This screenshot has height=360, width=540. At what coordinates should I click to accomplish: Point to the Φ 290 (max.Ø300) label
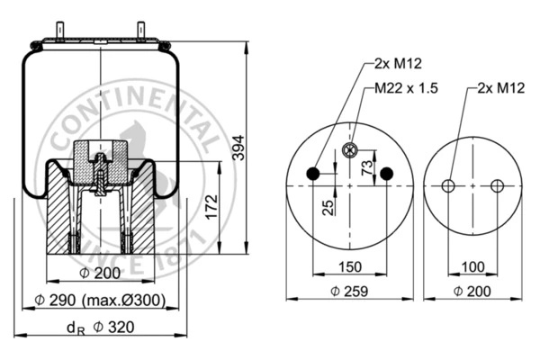(x=100, y=301)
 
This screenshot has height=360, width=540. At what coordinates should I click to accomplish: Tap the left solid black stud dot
(x=313, y=174)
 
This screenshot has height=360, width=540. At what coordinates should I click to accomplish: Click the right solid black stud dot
(x=387, y=174)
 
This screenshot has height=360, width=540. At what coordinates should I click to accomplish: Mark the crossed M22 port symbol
(x=350, y=149)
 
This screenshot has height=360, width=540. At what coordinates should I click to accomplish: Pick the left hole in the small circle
(x=448, y=186)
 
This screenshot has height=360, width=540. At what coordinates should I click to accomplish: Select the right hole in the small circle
(x=497, y=186)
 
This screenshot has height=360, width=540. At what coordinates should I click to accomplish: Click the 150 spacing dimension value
(x=349, y=267)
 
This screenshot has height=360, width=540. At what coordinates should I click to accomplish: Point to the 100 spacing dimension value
(x=472, y=267)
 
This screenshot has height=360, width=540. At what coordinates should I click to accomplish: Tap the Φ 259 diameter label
(x=349, y=291)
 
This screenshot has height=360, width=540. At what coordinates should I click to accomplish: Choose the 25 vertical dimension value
(x=329, y=206)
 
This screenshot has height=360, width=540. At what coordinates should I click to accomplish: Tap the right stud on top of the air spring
(x=141, y=31)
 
